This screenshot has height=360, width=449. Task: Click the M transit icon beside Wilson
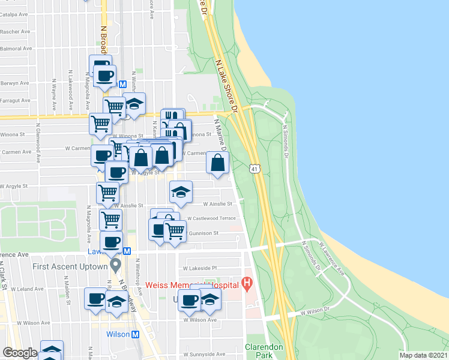[x=135, y=335]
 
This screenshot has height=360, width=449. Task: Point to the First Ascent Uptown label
[x=70, y=266]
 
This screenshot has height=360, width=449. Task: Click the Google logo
[x=20, y=353]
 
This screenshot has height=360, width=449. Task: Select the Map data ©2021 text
[x=423, y=355]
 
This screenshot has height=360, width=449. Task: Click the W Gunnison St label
[x=203, y=233]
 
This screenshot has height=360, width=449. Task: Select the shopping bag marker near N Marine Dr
[x=217, y=163]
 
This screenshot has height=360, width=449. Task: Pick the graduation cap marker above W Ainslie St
[x=181, y=192]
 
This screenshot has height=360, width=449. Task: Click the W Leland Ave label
[x=30, y=289]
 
